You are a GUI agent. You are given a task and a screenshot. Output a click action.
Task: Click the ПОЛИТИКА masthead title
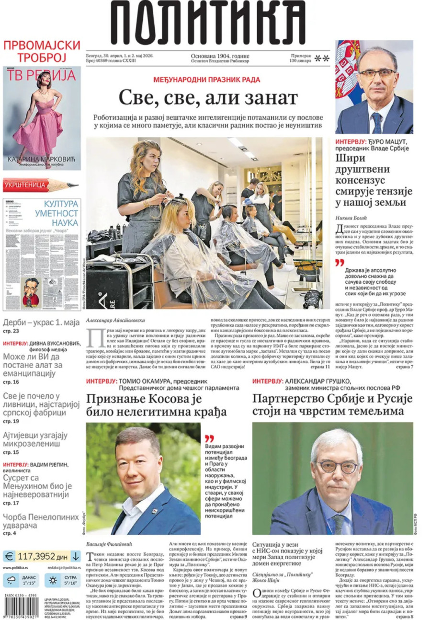tap(208, 23)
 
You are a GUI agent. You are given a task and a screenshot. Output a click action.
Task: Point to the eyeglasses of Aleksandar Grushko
tap(337, 466)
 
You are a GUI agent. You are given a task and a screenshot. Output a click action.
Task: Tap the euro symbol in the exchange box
tap(10, 556)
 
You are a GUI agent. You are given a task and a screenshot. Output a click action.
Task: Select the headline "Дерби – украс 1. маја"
tap(41, 322)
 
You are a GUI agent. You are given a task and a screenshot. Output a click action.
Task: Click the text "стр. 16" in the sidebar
tap(11, 382)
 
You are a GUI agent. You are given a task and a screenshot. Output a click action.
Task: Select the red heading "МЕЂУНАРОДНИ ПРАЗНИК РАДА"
tap(206, 79)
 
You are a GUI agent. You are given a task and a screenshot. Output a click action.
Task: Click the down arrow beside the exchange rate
tap(76, 556)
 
